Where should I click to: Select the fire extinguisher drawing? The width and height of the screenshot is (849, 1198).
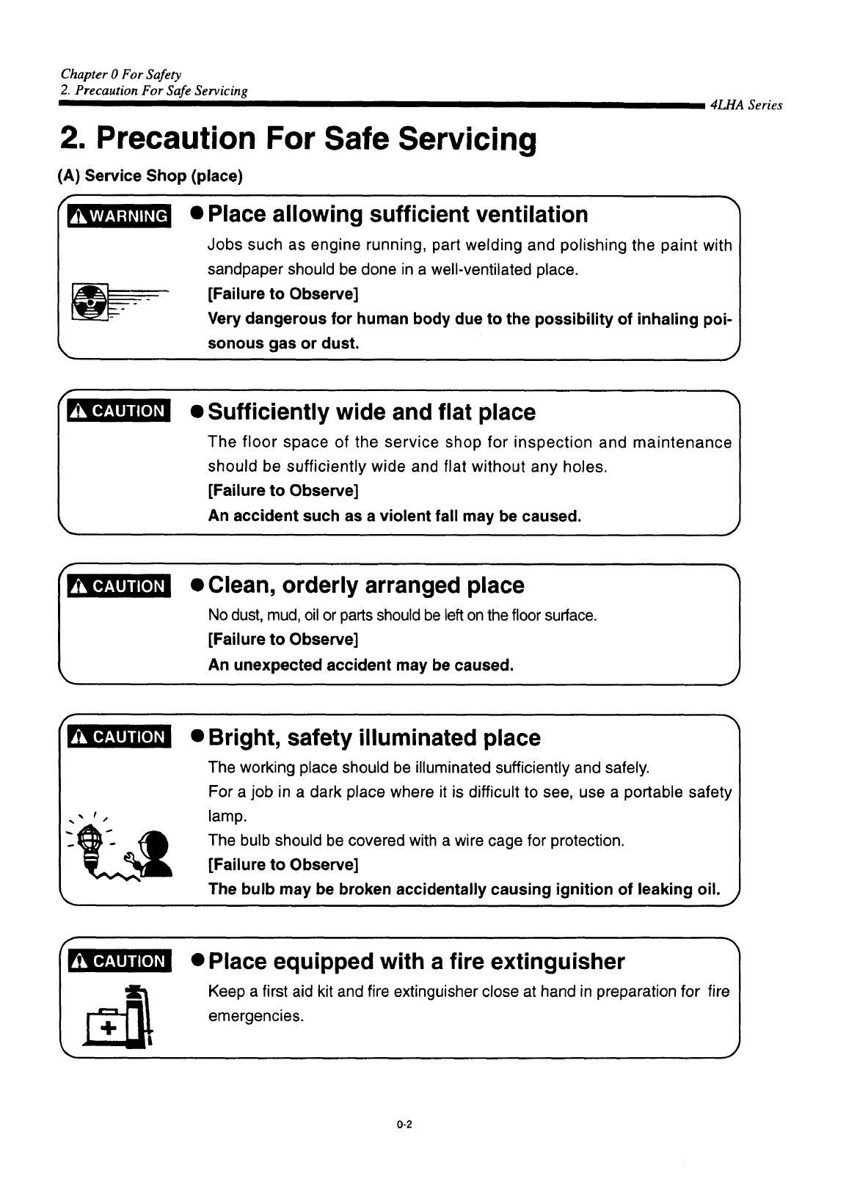pos(138,1016)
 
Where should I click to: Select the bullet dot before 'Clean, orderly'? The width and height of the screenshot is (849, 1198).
pos(197,586)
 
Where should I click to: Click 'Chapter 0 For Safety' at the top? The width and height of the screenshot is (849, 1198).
pos(121,74)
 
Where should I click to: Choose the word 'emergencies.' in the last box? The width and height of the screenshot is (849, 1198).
pos(256,1017)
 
